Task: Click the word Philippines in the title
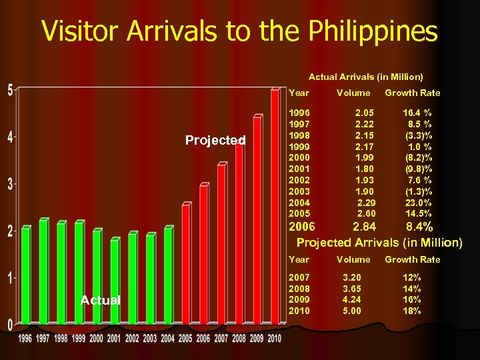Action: click(363, 31)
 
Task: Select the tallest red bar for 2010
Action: click(275, 207)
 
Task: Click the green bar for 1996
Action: click(26, 277)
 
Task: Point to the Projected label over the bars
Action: click(215, 141)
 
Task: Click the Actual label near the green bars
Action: click(100, 301)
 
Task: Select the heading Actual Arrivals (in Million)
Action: click(365, 77)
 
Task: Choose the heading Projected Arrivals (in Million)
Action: click(379, 241)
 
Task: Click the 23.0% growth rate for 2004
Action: click(419, 203)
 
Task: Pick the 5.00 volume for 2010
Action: click(352, 311)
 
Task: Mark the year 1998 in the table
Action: click(298, 135)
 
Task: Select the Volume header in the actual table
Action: click(353, 93)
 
